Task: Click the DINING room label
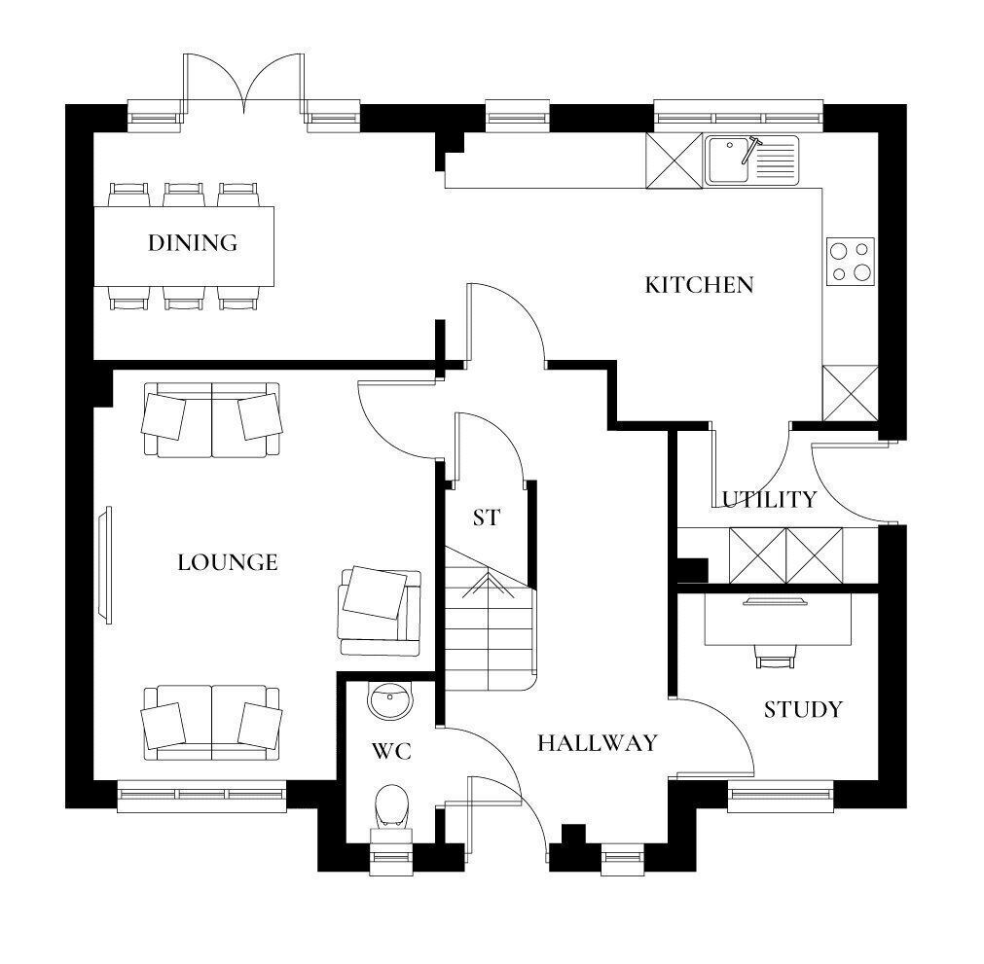pyautogui.click(x=193, y=243)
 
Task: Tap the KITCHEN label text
pyautogui.click(x=699, y=285)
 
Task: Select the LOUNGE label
pyautogui.click(x=228, y=562)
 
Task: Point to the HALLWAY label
pyautogui.click(x=598, y=743)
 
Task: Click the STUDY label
pyautogui.click(x=803, y=709)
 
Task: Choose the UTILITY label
pyautogui.click(x=769, y=499)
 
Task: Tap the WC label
pyautogui.click(x=391, y=751)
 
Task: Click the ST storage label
pyautogui.click(x=487, y=518)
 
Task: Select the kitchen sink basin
pyautogui.click(x=727, y=160)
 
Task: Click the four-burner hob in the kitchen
pyautogui.click(x=851, y=262)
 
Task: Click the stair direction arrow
pyautogui.click(x=488, y=586)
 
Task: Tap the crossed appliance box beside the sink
pyautogui.click(x=674, y=161)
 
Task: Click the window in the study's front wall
pyautogui.click(x=781, y=797)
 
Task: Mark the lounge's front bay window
pyautogui.click(x=201, y=797)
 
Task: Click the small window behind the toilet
pyautogui.click(x=391, y=860)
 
